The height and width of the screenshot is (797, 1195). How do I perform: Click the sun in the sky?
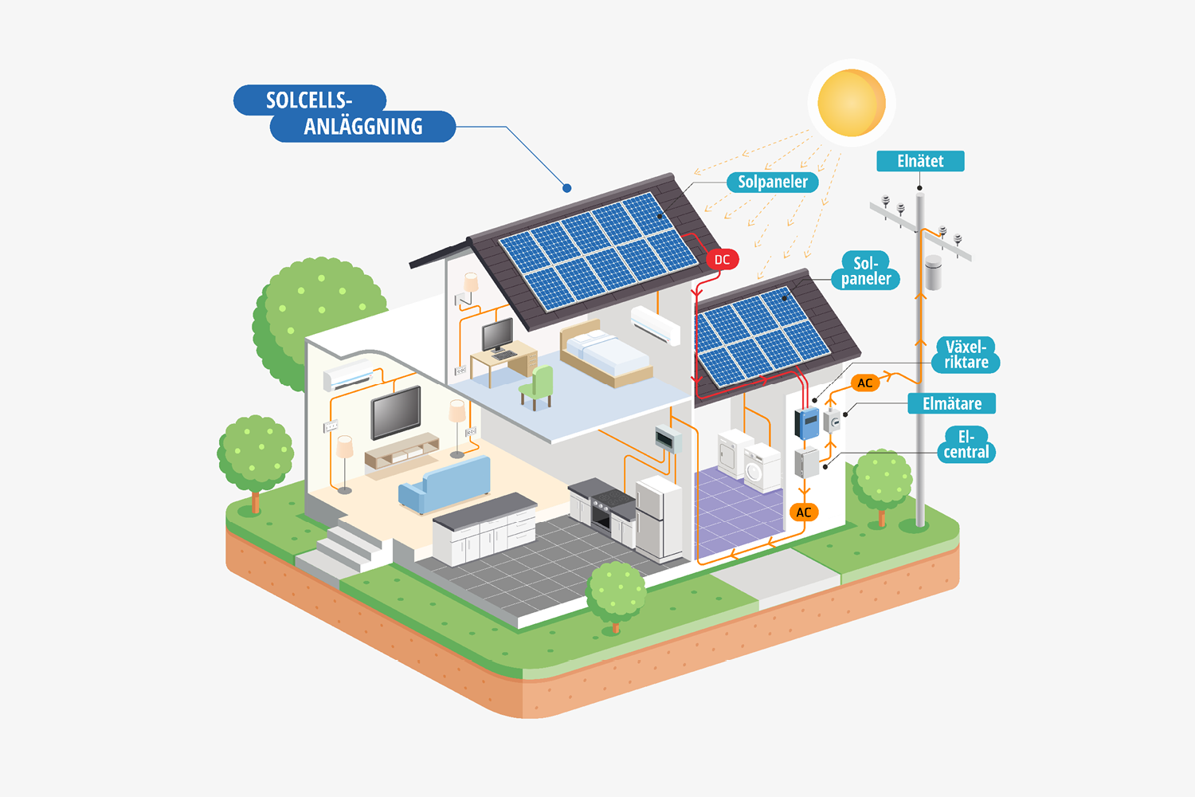pos(851,103)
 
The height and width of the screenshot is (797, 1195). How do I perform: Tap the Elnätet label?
pos(920,161)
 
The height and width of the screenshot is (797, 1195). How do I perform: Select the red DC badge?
pos(722,260)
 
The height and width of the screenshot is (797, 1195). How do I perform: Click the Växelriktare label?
pos(966,355)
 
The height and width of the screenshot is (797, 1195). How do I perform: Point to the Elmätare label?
pos(951,404)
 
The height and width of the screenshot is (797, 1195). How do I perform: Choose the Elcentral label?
pos(966,445)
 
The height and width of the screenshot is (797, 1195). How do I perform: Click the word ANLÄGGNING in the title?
pos(362,127)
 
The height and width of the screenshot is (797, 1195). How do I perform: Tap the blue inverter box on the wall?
pos(808,422)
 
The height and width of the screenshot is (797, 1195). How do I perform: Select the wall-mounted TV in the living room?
pos(396,412)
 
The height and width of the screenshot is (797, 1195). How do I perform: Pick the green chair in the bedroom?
pos(538,387)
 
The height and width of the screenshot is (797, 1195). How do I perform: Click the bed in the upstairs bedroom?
pos(605,355)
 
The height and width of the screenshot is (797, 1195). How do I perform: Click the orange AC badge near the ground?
pos(803,512)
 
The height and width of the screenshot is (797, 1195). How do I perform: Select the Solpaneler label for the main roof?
pos(772,183)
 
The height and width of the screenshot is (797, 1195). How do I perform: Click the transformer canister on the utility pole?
pos(933,272)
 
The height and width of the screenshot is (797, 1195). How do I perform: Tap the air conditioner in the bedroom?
pos(656,324)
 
